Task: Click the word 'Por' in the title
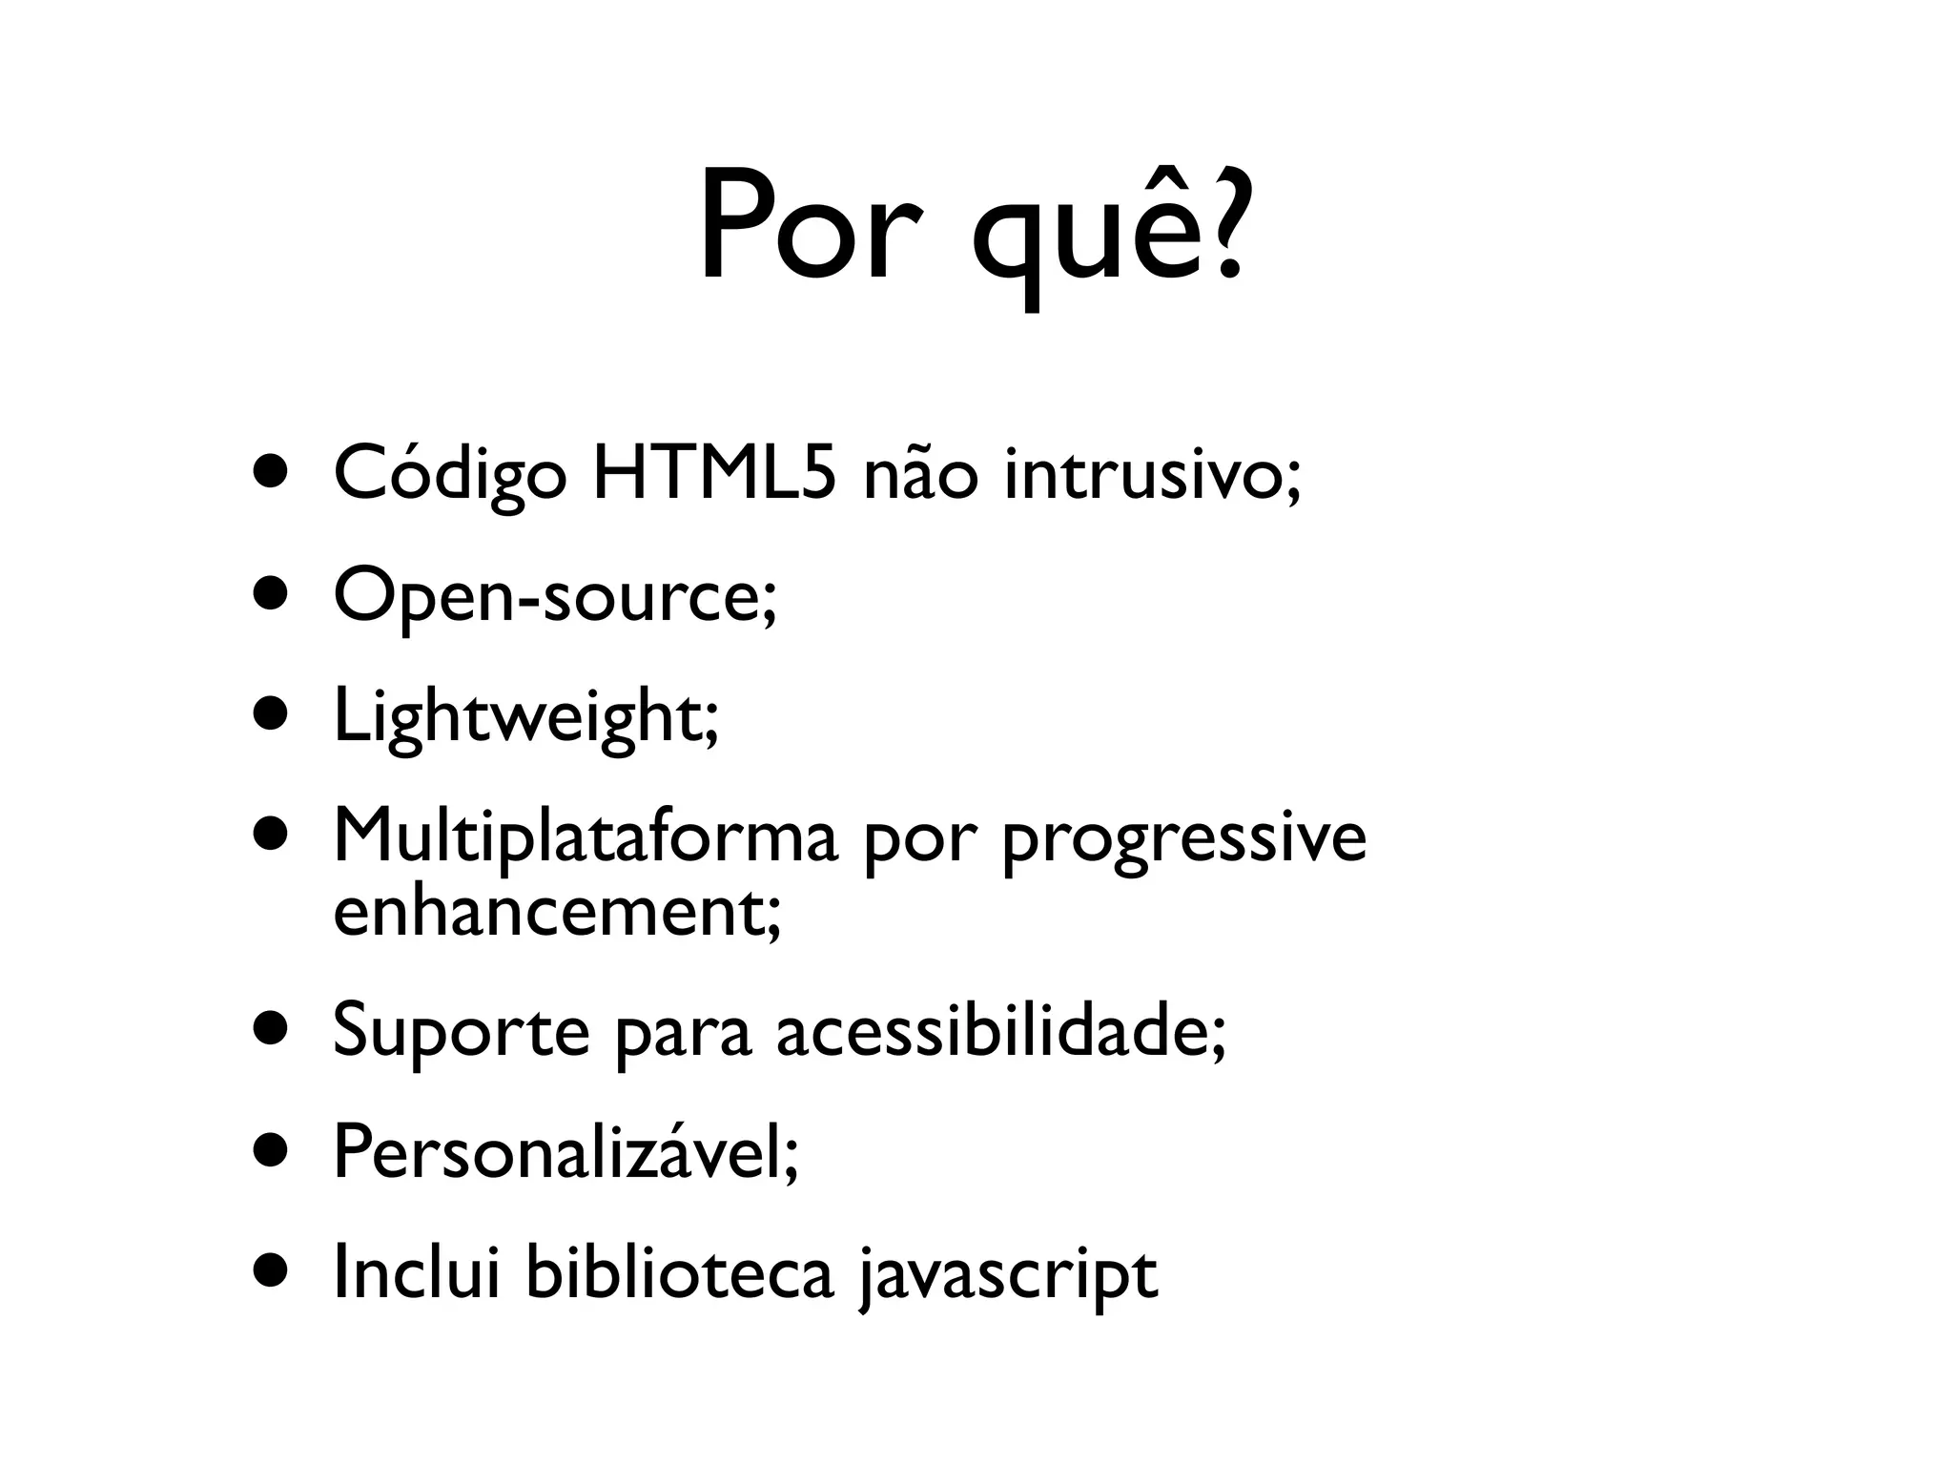pos(811,229)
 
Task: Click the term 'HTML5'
pos(714,474)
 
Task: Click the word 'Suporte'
pos(461,1032)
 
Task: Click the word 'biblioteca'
pos(679,1273)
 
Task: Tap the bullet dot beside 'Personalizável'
pos(271,1151)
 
